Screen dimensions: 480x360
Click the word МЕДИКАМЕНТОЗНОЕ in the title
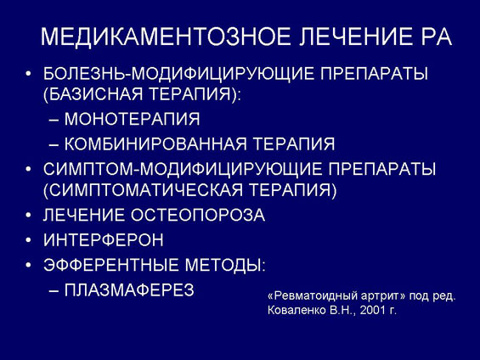(166, 37)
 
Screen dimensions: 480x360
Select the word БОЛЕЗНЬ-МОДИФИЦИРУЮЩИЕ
(178, 74)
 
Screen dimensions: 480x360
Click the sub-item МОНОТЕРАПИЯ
(132, 119)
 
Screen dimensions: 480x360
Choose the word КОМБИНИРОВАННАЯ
(155, 143)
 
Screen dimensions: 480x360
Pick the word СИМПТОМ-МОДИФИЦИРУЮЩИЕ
(183, 169)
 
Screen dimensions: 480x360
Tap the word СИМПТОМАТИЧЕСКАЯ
(146, 190)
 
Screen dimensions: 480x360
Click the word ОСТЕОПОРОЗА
(198, 215)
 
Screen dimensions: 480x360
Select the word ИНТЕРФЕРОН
(104, 239)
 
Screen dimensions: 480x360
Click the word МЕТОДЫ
(223, 265)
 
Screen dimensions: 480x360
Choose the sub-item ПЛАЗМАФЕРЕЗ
(129, 290)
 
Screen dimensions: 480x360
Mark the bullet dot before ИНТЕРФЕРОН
(29, 240)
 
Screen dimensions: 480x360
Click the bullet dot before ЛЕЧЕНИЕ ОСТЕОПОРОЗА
(29, 216)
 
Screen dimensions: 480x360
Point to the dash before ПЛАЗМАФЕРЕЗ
(54, 291)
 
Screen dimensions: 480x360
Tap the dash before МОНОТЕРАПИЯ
(54, 121)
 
